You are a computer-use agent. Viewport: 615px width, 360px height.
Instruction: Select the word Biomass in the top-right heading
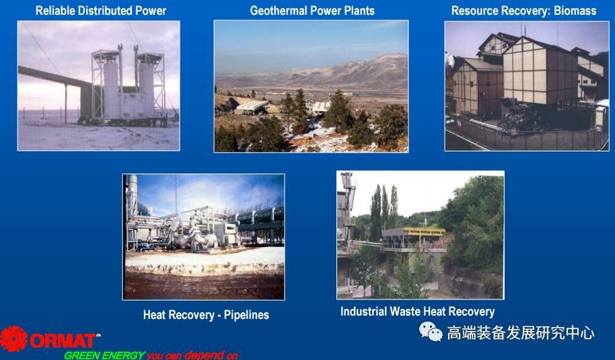(575, 11)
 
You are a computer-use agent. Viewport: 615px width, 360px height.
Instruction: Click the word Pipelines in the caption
(246, 315)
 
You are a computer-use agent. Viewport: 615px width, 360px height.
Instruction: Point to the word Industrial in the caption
(358, 312)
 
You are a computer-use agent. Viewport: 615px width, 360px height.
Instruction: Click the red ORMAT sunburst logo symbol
(13, 338)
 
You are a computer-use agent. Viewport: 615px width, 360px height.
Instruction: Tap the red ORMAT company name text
(63, 340)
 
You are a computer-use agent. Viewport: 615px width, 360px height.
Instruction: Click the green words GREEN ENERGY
(105, 355)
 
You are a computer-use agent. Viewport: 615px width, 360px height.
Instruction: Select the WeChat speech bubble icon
(431, 332)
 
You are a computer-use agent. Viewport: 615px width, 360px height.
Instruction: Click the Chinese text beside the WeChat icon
(521, 333)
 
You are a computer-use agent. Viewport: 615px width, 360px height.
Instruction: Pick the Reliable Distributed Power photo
(99, 85)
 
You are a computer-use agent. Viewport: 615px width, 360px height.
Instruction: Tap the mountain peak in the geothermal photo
(388, 57)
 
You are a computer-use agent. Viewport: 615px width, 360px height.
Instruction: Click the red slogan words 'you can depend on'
(192, 355)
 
